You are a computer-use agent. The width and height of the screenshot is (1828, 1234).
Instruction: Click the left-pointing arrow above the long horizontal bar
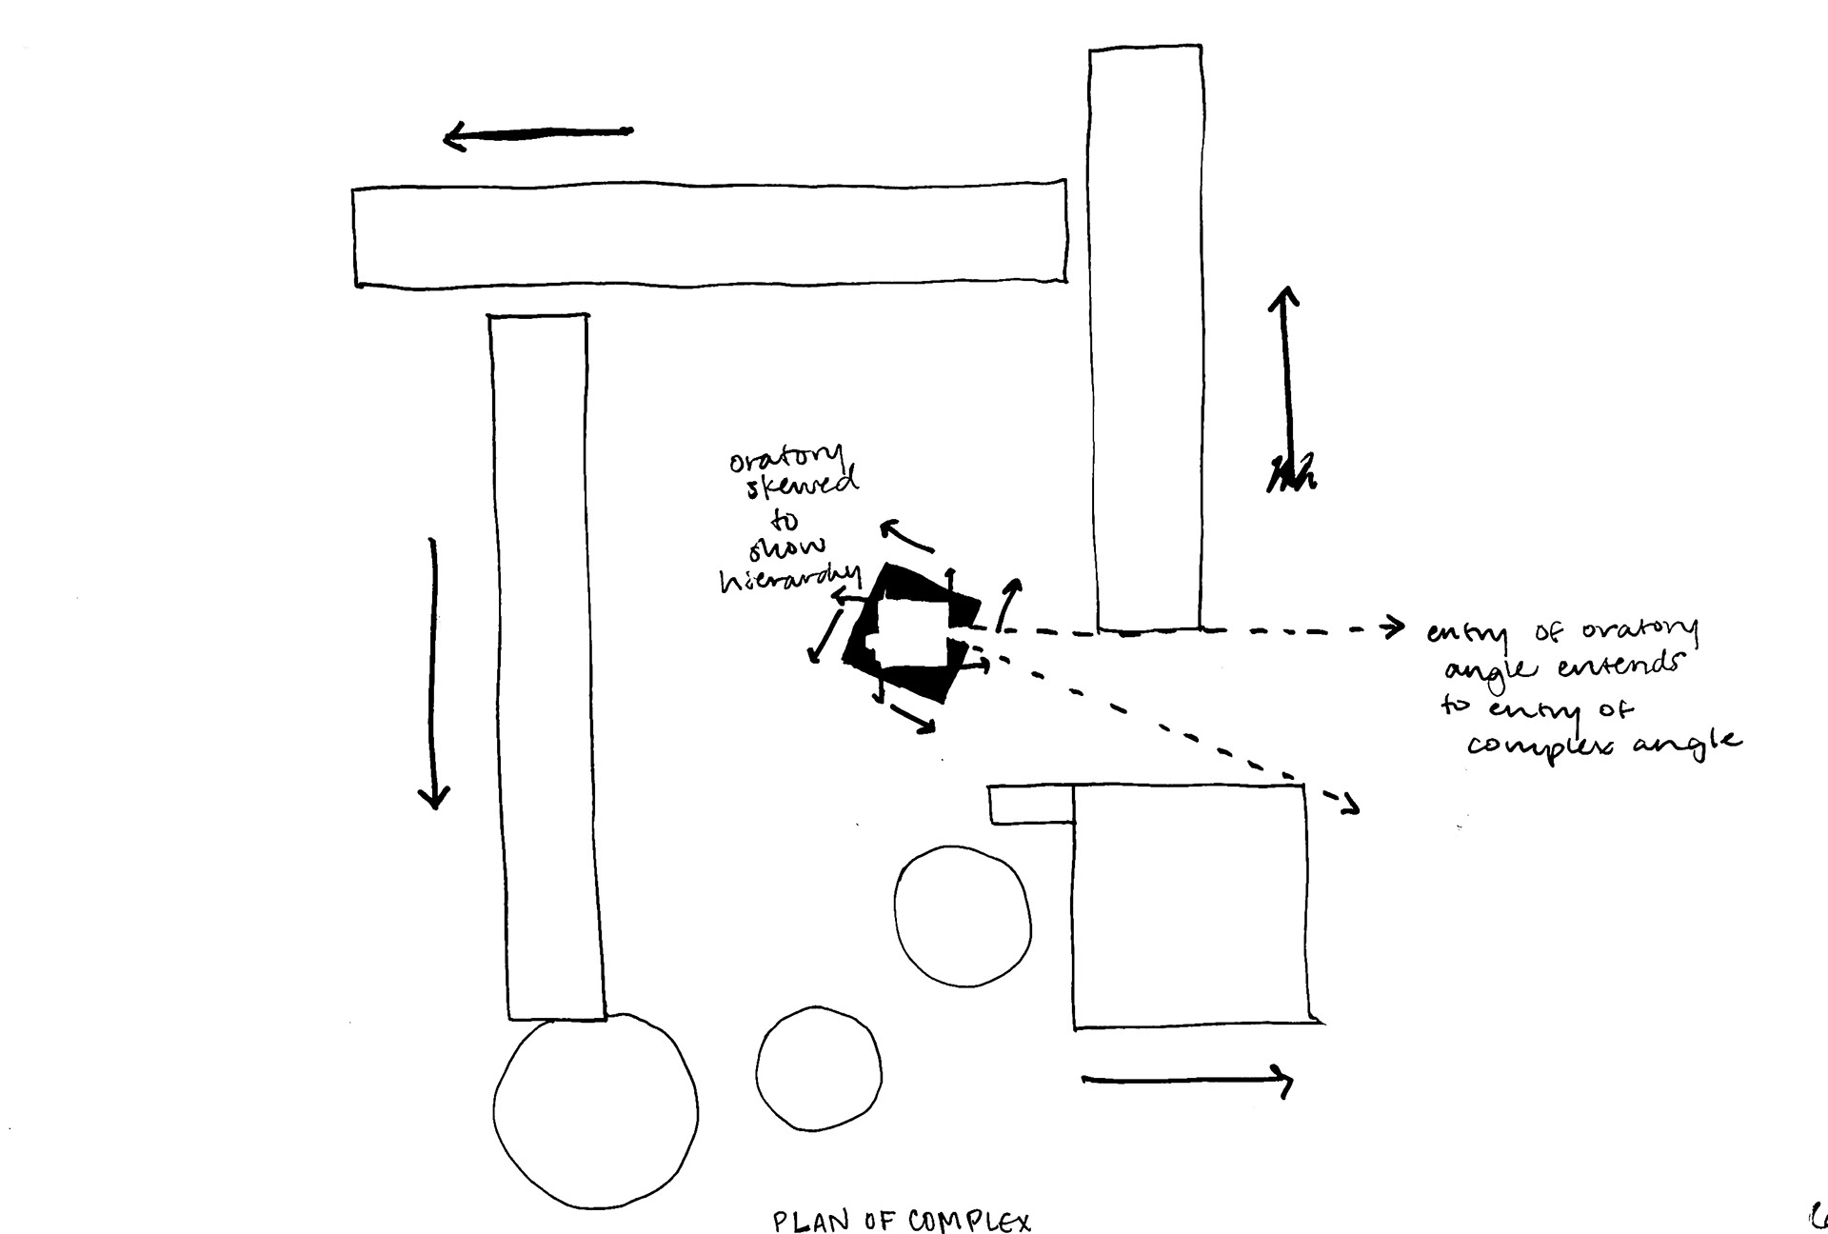coord(538,136)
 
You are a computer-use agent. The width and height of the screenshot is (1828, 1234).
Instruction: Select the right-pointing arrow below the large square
coord(1187,1080)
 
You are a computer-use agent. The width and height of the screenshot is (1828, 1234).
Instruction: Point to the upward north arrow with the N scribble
coord(1287,390)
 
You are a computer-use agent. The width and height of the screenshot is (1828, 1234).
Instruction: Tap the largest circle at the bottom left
coord(595,1112)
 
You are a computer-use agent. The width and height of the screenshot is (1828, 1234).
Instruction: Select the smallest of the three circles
coord(819,1068)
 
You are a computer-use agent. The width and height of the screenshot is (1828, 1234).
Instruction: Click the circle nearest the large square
coord(963,914)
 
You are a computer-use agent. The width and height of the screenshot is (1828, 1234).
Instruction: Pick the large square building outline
coord(1190,905)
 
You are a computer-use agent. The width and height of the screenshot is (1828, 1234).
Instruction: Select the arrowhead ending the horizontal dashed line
coord(1395,627)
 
